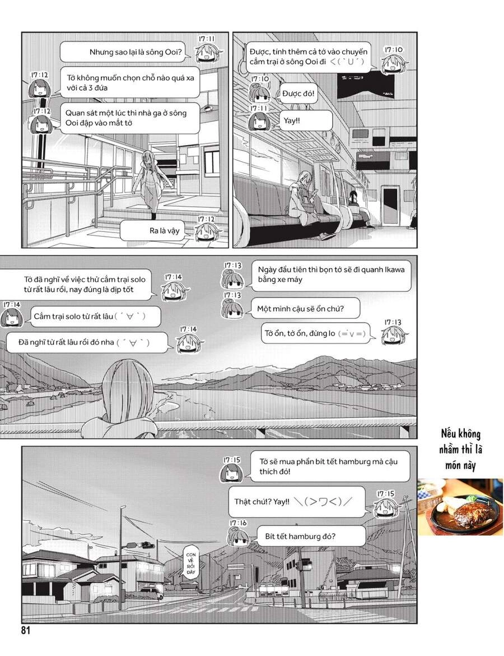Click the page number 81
pyautogui.click(x=25, y=630)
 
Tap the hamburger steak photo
pyautogui.click(x=460, y=506)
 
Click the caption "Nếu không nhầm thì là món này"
pyautogui.click(x=460, y=449)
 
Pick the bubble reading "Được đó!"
pyautogui.click(x=298, y=94)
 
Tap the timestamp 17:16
pyautogui.click(x=238, y=523)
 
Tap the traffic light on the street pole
pyautogui.click(x=146, y=545)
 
